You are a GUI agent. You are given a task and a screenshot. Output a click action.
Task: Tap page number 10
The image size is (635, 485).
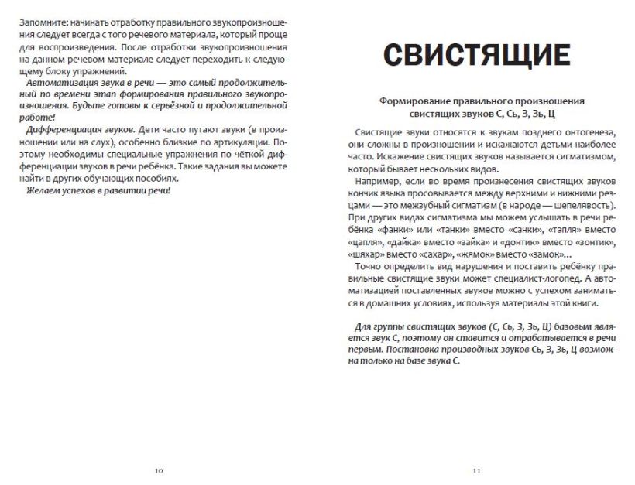[159, 470]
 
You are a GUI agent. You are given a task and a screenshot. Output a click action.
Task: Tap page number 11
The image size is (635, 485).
[476, 470]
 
